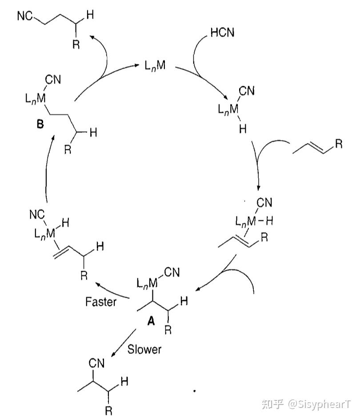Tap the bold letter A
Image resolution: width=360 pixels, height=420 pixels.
(x=151, y=323)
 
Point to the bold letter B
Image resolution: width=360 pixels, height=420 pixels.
(x=40, y=126)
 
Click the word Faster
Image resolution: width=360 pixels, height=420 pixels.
(x=101, y=302)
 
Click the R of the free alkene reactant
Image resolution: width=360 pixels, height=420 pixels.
(x=339, y=144)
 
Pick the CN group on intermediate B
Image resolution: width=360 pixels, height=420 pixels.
(x=53, y=80)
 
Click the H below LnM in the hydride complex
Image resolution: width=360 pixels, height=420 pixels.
(x=242, y=129)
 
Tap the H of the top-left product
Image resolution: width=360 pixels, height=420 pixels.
(x=90, y=16)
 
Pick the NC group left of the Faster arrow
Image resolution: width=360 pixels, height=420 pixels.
(x=37, y=215)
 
